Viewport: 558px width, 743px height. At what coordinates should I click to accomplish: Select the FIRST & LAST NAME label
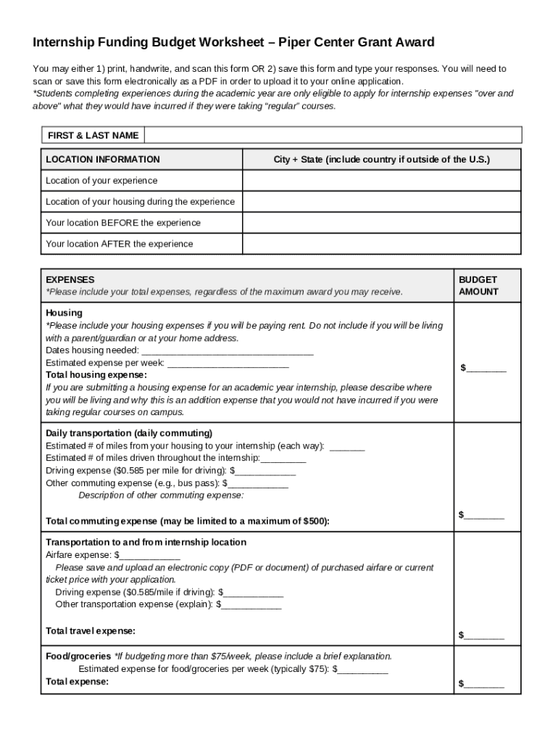(93, 136)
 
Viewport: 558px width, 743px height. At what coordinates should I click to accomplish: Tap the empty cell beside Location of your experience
(381, 181)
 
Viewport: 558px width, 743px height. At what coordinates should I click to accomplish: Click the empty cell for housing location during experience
(381, 202)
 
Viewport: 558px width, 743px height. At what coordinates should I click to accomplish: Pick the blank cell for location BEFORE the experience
(381, 223)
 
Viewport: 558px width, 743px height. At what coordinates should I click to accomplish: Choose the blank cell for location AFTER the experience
(381, 244)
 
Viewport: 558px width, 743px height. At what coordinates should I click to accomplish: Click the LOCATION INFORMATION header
(103, 160)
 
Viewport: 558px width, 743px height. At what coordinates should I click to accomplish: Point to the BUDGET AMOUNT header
(478, 285)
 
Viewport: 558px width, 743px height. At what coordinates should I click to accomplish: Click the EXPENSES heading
(70, 279)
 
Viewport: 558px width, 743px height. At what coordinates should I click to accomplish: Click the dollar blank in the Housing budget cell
(486, 369)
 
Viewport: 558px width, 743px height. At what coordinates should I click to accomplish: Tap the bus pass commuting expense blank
(258, 483)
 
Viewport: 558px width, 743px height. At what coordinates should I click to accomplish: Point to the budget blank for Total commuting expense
(484, 516)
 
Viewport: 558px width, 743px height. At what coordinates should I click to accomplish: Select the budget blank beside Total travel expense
(484, 636)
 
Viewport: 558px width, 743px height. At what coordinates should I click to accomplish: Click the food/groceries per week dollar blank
(363, 669)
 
